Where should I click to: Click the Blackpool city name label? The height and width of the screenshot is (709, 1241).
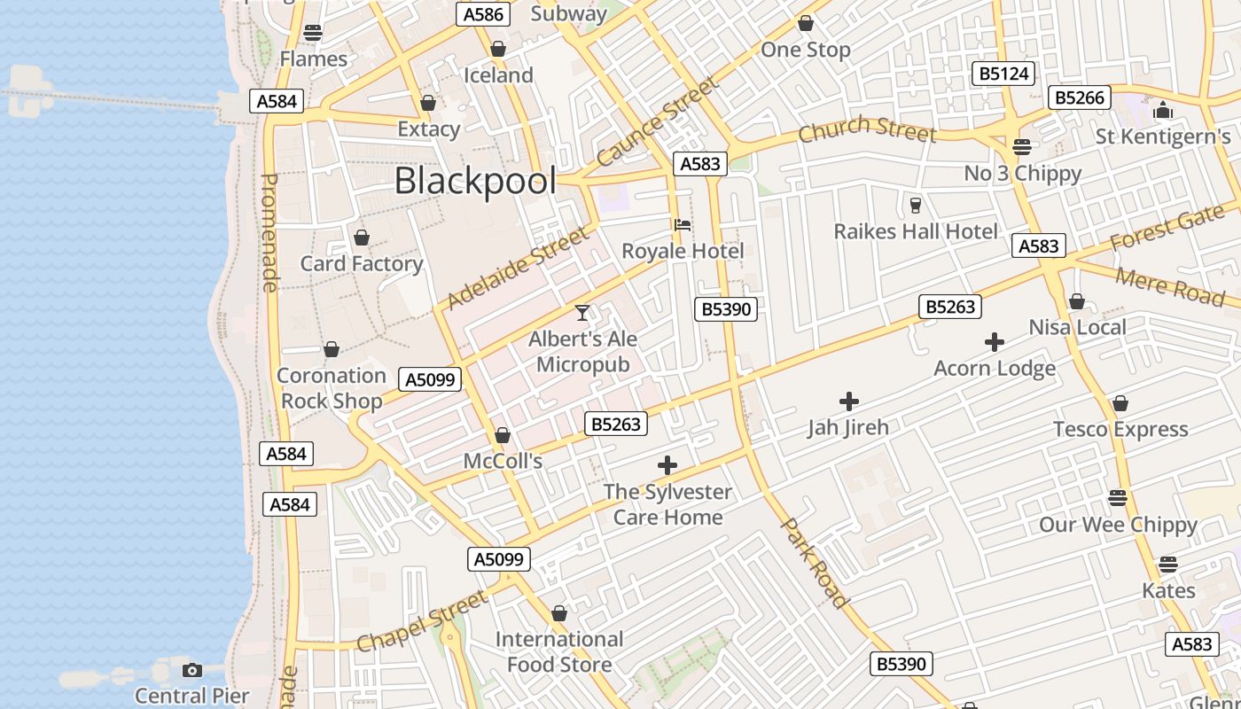475,181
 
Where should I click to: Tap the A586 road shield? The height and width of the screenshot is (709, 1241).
483,14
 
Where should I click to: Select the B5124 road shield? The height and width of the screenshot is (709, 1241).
1003,74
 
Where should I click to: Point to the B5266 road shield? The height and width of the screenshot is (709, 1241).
1080,97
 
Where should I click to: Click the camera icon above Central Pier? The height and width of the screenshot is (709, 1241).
192,670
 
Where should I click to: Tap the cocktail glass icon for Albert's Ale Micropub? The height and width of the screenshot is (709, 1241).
582,313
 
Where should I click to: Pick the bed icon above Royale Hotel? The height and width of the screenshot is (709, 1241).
683,225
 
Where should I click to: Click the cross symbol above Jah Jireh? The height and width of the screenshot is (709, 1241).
849,401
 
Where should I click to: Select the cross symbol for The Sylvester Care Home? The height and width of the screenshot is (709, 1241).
667,465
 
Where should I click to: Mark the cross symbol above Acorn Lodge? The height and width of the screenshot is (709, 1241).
995,342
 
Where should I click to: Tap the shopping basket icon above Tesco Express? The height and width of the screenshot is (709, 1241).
1120,404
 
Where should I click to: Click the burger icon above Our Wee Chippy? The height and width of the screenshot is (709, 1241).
1118,497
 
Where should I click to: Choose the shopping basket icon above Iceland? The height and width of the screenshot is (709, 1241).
498,49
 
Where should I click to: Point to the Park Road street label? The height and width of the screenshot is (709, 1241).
815,564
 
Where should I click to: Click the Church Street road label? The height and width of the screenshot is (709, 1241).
867,129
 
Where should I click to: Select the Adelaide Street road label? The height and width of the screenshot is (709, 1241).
518,269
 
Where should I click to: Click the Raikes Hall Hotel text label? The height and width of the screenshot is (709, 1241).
916,231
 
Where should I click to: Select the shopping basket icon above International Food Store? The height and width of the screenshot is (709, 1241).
559,613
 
